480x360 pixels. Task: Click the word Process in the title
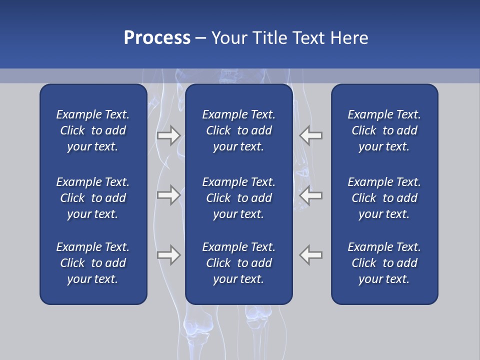click(x=157, y=38)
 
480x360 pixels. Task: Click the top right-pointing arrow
click(x=168, y=135)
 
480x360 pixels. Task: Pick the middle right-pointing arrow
click(x=168, y=195)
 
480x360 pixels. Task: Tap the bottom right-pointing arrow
click(x=168, y=255)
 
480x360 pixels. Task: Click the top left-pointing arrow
click(x=311, y=135)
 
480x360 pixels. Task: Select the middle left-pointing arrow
click(x=311, y=195)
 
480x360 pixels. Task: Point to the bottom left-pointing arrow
click(x=311, y=255)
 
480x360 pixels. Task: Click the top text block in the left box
click(x=93, y=130)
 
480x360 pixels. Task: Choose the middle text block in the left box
click(x=93, y=198)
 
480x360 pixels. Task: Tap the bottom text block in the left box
click(x=93, y=263)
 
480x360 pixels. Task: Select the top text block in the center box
click(x=238, y=130)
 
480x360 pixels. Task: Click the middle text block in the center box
click(x=238, y=198)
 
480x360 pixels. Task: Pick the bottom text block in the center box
click(x=238, y=263)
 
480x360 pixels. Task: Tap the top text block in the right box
click(x=384, y=130)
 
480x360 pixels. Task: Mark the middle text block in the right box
click(x=384, y=198)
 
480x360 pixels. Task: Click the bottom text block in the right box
click(x=384, y=263)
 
